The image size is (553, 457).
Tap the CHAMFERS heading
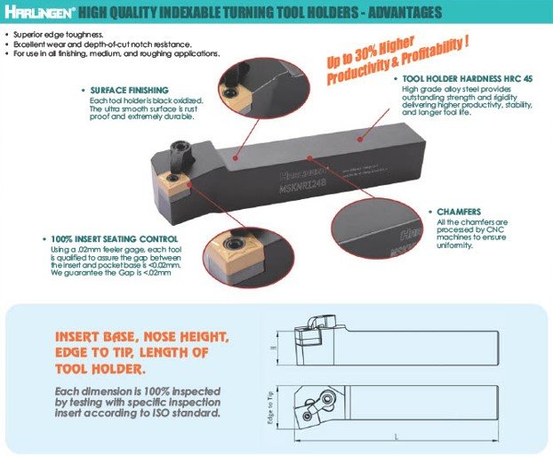(x=461, y=212)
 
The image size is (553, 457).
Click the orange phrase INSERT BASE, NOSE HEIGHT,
(x=142, y=338)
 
